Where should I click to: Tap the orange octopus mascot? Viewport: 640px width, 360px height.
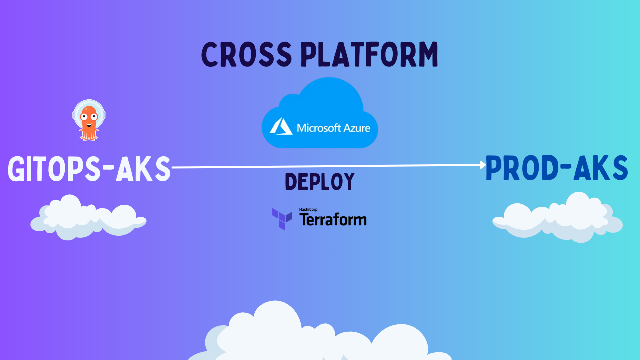click(x=89, y=120)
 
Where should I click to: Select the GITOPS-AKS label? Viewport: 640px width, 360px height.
click(x=89, y=169)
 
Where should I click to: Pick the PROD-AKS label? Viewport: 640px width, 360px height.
click(x=556, y=169)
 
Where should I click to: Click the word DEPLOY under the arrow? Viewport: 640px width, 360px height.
click(x=320, y=182)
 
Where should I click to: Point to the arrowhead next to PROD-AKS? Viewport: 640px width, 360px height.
click(x=483, y=164)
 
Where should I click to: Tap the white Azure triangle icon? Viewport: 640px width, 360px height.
click(x=281, y=127)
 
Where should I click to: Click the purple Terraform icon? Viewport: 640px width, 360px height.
click(x=282, y=219)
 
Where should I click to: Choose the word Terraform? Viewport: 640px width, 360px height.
click(x=333, y=220)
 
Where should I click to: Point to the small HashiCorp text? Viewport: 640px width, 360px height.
click(x=308, y=210)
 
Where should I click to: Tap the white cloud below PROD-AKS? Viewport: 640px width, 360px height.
click(x=558, y=218)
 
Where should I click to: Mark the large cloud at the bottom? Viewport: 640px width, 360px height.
click(x=320, y=335)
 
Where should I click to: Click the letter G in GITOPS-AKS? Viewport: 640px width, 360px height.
click(x=17, y=169)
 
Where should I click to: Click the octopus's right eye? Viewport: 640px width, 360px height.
click(x=93, y=116)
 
